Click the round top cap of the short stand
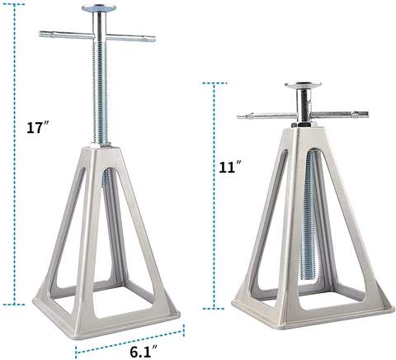coord(302,85)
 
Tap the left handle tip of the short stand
coord(240,116)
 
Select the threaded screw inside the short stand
coord(311,215)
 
